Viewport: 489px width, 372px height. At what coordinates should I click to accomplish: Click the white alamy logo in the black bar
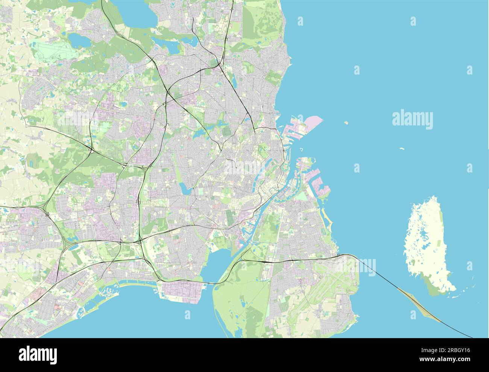[x=38, y=355]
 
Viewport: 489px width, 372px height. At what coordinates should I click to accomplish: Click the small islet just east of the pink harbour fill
[x=346, y=122]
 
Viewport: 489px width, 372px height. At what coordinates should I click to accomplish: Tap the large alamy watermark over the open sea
[x=412, y=119]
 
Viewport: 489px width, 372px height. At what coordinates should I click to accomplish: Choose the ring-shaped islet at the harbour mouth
[x=301, y=149]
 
